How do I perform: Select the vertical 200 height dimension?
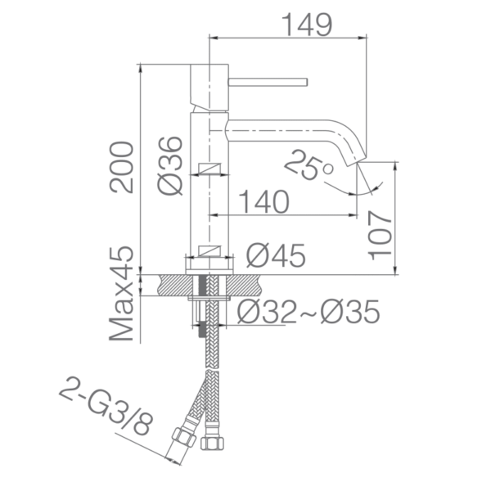click(122, 167)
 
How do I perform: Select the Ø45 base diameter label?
click(276, 255)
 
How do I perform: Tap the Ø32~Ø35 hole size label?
click(309, 311)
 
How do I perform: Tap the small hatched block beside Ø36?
click(211, 170)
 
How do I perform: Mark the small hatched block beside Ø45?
click(211, 251)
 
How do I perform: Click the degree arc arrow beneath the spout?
click(360, 190)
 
